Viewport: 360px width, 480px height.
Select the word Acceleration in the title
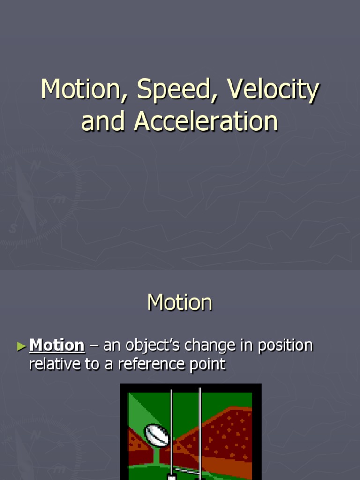206,121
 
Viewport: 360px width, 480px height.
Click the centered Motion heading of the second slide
180,302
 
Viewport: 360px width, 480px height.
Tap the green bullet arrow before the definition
22,346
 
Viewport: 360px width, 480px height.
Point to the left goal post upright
172,431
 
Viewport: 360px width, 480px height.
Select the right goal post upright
200,431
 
